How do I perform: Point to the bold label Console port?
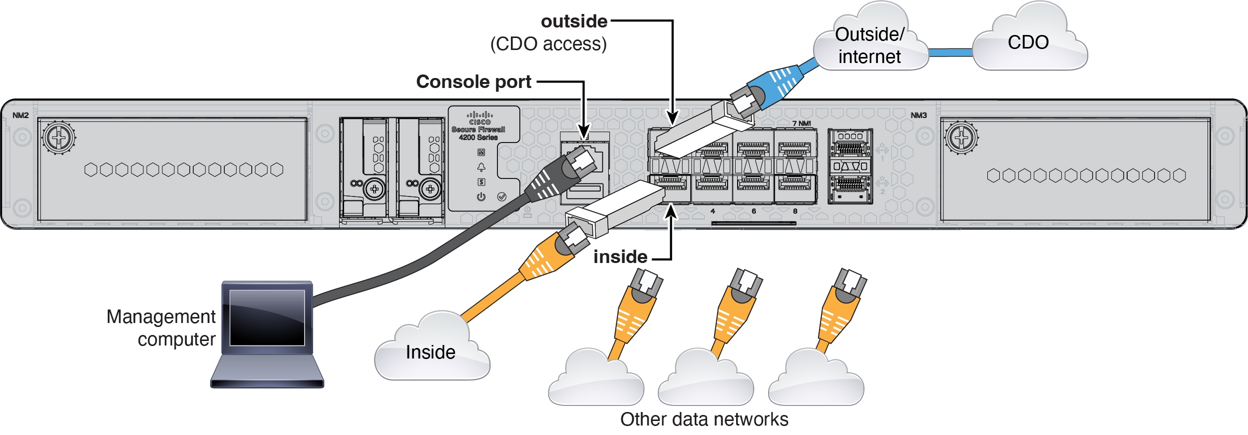473,81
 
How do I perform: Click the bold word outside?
574,21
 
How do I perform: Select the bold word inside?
620,256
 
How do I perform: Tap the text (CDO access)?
548,44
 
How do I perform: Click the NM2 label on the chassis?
20,115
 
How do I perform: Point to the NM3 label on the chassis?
918,115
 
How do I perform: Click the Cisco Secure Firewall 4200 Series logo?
479,126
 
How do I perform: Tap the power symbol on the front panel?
481,196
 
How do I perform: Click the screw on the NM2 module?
59,137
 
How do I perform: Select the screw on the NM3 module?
961,137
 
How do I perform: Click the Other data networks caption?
704,419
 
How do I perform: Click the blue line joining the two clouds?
950,52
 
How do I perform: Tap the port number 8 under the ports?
795,211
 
